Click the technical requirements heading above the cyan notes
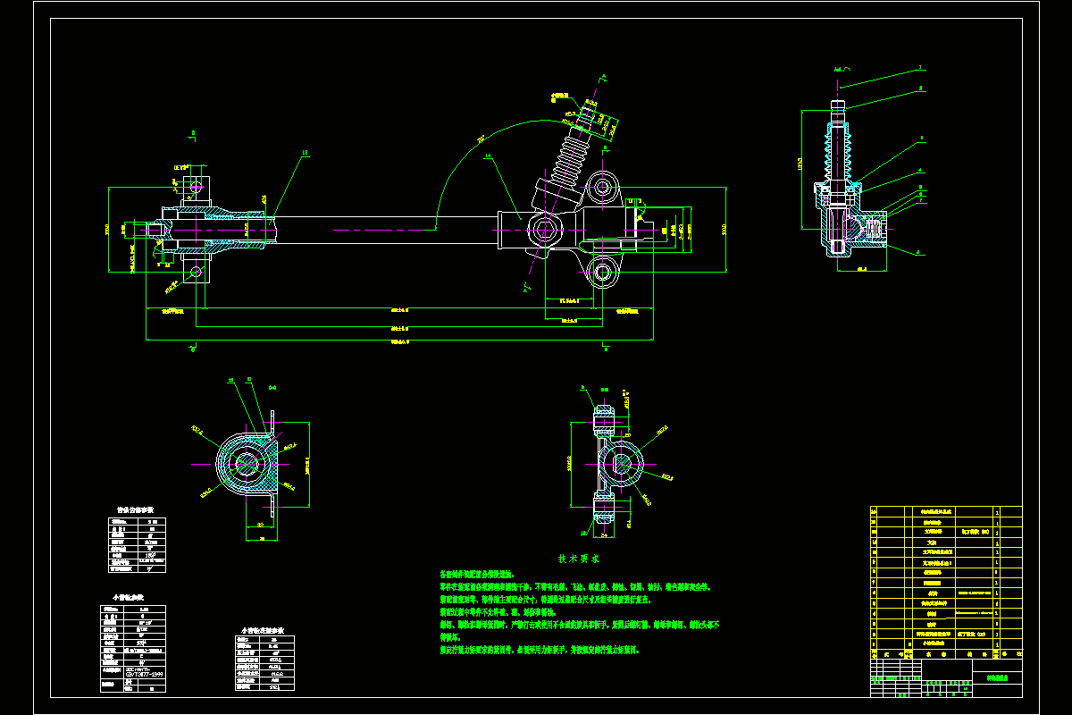[579, 558]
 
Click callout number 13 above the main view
[306, 153]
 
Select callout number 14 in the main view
[489, 157]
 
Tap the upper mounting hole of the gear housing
[604, 189]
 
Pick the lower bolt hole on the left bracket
[195, 271]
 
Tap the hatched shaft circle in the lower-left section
[247, 464]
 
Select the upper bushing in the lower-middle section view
[605, 416]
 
